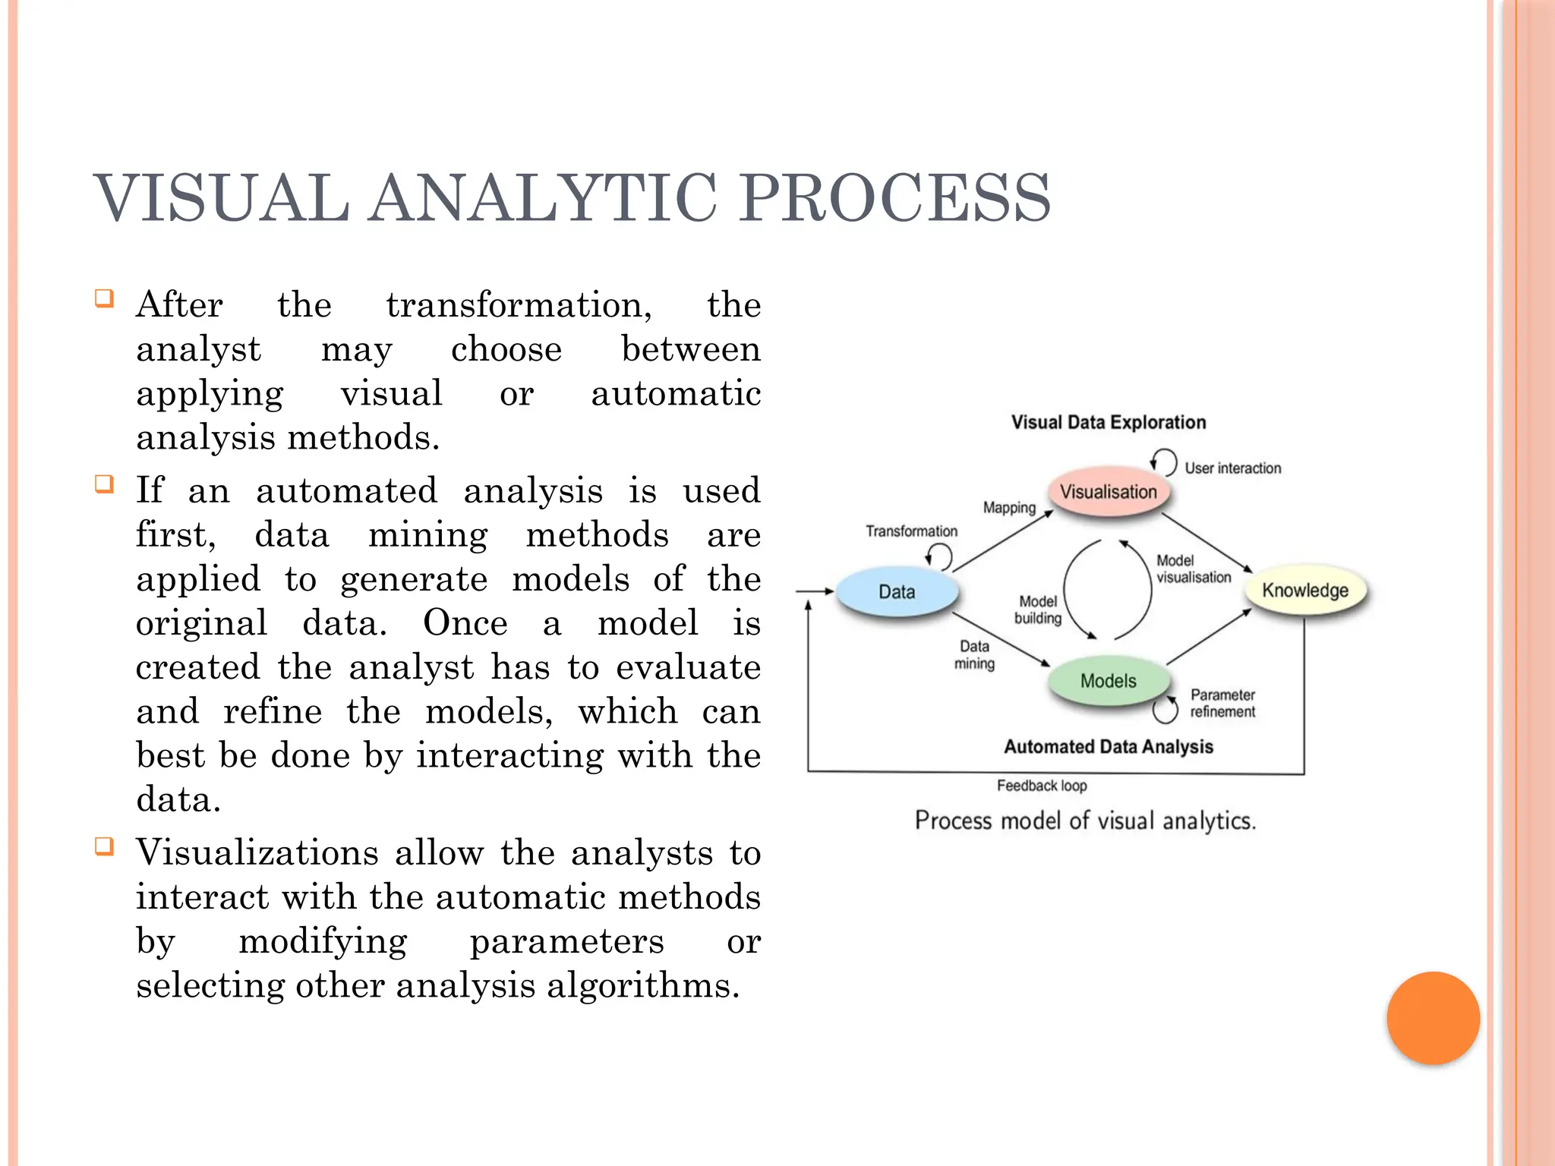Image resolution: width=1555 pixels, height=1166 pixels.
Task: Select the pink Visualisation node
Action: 1108,492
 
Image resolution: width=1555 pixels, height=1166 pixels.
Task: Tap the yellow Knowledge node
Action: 1304,591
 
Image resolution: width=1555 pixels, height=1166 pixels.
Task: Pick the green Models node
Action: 1108,681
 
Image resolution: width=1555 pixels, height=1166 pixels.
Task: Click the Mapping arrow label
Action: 1009,507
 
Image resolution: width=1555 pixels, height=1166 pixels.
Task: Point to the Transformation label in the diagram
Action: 911,531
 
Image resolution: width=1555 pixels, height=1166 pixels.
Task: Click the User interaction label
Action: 1232,468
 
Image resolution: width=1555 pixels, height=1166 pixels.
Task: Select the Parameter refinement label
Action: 1222,703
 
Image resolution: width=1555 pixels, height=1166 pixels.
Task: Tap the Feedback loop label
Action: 1042,786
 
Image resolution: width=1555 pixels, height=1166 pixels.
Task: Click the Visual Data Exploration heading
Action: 1108,423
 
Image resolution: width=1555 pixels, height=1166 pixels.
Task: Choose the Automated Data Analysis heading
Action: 1108,747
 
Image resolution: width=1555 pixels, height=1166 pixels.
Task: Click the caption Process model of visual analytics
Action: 1085,821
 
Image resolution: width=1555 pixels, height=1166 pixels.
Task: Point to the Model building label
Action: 1038,610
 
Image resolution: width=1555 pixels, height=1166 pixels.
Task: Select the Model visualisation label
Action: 1193,569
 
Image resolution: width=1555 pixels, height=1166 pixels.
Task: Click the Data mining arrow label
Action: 974,654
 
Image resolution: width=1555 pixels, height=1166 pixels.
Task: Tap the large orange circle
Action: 1433,1018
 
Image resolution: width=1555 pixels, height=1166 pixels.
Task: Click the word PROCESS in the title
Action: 895,199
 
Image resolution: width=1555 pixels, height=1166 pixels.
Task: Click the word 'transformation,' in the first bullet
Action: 519,305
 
